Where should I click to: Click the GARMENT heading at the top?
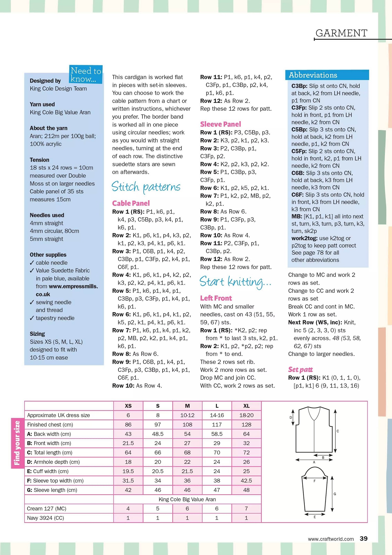[x=341, y=33]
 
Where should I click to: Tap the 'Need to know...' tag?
[x=86, y=75]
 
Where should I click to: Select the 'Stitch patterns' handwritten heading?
[x=146, y=187]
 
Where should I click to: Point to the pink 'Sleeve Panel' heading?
[x=221, y=124]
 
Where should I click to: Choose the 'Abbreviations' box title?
[x=313, y=75]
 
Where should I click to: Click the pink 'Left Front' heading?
[x=216, y=298]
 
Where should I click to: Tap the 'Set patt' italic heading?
[x=300, y=369]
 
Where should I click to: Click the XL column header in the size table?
[x=246, y=406]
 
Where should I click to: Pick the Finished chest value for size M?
[x=187, y=425]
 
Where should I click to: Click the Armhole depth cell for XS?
[x=128, y=462]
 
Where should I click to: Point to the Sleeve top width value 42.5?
[x=246, y=481]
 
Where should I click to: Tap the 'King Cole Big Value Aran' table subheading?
[x=187, y=499]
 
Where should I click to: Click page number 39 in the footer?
[x=364, y=539]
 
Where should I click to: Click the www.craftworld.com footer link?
[x=331, y=539]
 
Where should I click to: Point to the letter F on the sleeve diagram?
[x=314, y=481]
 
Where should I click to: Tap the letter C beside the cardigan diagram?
[x=338, y=431]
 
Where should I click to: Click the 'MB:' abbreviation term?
[x=297, y=216]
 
